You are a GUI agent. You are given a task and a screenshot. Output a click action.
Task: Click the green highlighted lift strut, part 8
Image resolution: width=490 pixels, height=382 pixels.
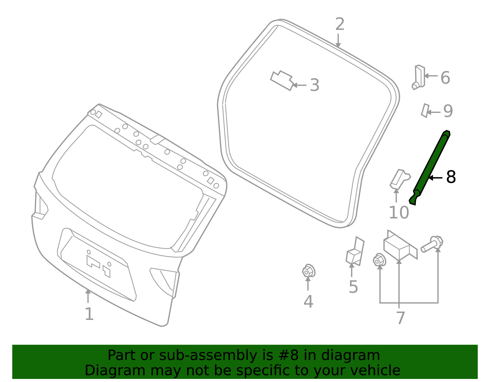pyautogui.click(x=430, y=168)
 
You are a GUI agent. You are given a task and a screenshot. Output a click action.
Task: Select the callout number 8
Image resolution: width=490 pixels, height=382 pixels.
pyautogui.click(x=451, y=177)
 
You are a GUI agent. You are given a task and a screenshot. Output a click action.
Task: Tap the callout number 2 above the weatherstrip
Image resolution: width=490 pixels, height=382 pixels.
pyautogui.click(x=340, y=24)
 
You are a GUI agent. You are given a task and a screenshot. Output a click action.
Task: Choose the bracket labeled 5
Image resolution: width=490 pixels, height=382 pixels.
pyautogui.click(x=355, y=251)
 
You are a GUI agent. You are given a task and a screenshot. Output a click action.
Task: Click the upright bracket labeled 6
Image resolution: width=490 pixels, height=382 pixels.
pyautogui.click(x=419, y=77)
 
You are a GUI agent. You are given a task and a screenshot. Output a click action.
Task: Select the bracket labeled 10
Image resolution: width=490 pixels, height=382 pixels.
pyautogui.click(x=400, y=179)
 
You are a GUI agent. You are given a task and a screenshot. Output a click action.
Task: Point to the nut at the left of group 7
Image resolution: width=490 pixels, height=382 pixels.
pyautogui.click(x=379, y=260)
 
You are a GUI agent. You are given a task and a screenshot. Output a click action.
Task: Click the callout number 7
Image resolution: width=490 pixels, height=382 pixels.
pyautogui.click(x=401, y=318)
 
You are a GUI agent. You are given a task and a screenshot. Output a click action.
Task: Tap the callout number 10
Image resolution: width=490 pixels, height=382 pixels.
pyautogui.click(x=399, y=213)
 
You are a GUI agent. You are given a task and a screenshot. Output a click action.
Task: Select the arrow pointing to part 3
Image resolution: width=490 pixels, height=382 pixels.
pyautogui.click(x=299, y=85)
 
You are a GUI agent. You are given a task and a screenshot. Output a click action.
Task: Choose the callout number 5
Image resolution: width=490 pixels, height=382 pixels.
pyautogui.click(x=353, y=287)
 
